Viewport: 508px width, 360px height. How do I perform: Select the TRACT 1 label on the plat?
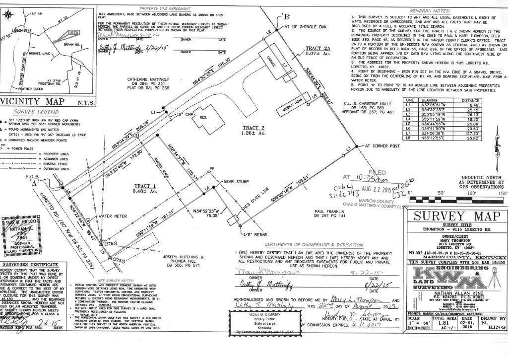(x=146, y=186)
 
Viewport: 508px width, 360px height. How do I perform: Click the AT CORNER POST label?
(x=384, y=146)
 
